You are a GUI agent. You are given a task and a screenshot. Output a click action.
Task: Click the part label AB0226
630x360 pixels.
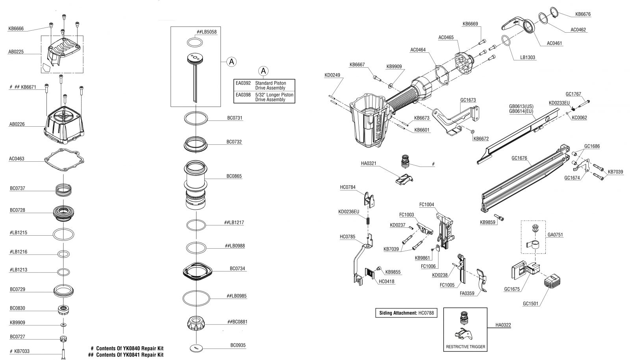tap(17, 124)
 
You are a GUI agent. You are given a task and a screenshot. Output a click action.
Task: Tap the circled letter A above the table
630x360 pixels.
tap(263, 70)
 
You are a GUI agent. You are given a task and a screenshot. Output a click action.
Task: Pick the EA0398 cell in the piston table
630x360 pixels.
tap(243, 95)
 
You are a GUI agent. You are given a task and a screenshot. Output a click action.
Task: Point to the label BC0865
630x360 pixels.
tap(234, 176)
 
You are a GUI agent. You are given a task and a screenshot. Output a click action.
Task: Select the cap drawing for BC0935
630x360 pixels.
tap(196, 348)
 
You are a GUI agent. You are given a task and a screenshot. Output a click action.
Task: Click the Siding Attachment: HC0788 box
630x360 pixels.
tap(406, 313)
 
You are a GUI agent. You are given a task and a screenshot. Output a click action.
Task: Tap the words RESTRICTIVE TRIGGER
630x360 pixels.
tap(465, 347)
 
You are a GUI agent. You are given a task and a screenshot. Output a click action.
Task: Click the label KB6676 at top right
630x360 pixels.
tap(583, 14)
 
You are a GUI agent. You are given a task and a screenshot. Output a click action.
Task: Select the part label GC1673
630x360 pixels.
tap(468, 100)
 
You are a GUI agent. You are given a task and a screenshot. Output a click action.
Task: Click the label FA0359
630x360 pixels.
tap(467, 294)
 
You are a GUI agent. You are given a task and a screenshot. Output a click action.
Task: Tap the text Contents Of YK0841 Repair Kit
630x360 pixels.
tap(130, 355)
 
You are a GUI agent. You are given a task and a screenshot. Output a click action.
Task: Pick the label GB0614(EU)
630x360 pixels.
tap(521, 111)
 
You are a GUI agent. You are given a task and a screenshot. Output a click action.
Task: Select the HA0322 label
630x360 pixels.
tap(503, 325)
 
